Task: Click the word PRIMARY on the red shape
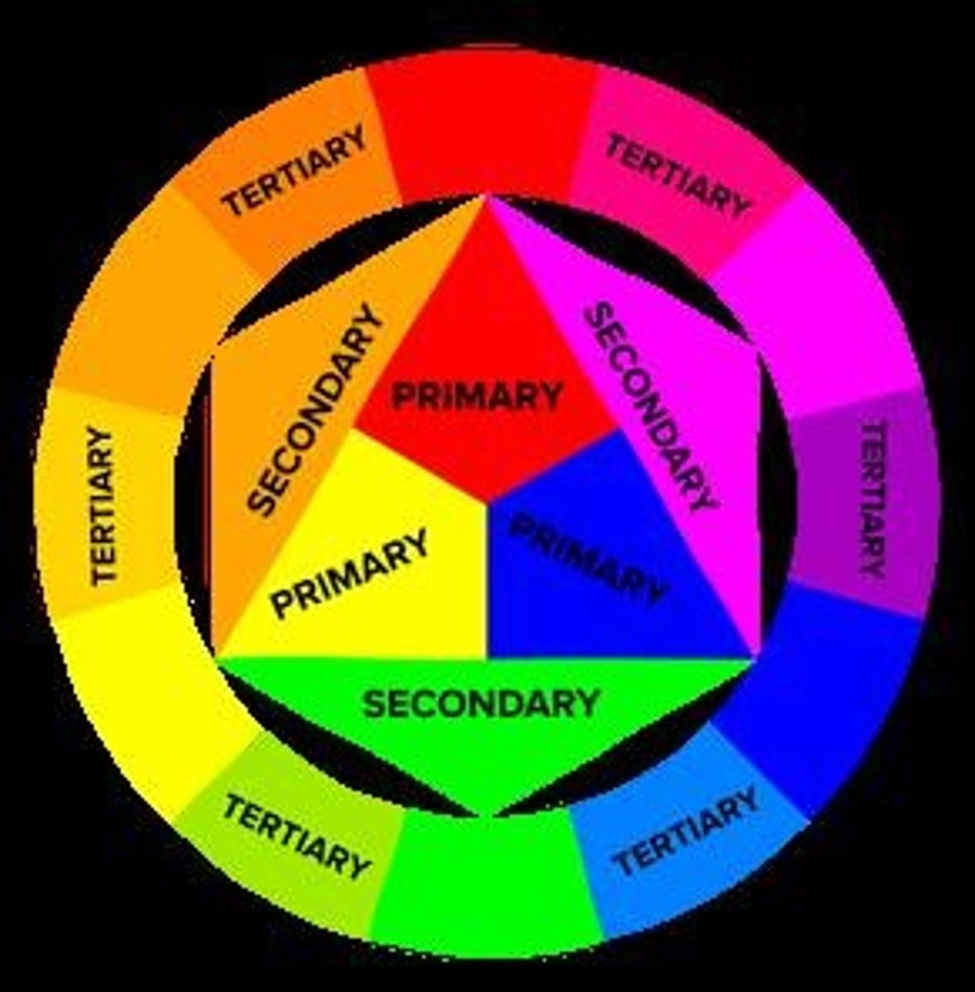pos(477,395)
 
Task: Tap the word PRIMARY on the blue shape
pos(588,559)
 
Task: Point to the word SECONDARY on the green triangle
pos(480,703)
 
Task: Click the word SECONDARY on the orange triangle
pos(316,411)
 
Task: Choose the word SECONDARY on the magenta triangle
pos(650,406)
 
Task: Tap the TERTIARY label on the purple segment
pos(872,499)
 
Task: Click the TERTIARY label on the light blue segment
pos(686,830)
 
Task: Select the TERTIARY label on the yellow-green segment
pos(295,836)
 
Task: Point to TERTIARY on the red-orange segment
pos(295,170)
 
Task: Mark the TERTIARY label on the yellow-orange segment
pos(103,506)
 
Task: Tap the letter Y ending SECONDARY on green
pos(588,703)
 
